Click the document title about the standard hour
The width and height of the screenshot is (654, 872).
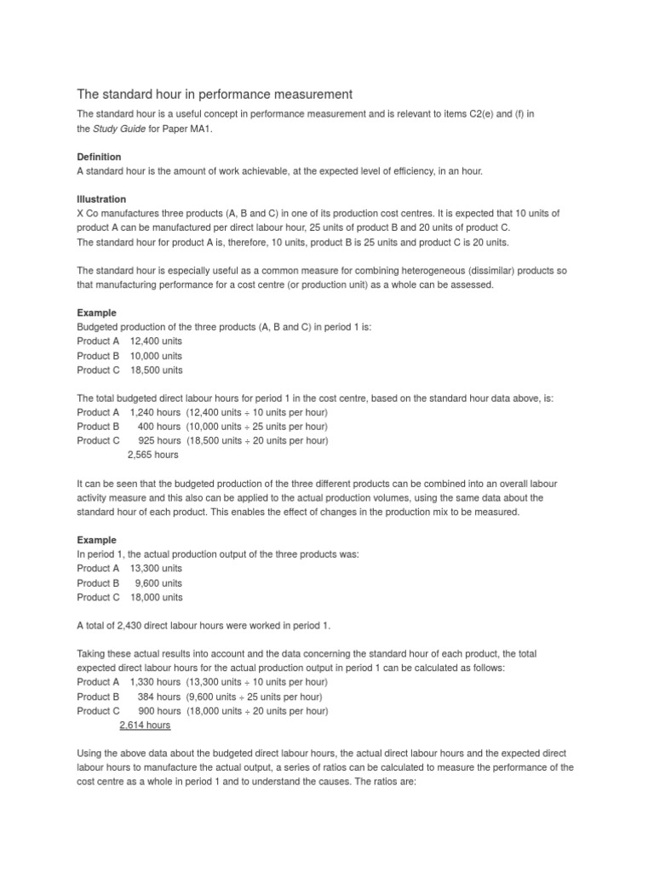[x=214, y=93]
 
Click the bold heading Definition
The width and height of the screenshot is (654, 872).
[x=99, y=157]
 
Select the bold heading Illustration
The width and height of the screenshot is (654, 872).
[x=101, y=199]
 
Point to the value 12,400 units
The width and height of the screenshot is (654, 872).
[x=156, y=341]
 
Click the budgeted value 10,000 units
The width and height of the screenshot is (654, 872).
[x=156, y=356]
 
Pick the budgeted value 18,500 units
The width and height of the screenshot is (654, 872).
[x=156, y=370]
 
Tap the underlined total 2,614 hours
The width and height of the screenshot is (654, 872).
[x=145, y=726]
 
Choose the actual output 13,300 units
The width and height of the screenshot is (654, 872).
[x=156, y=568]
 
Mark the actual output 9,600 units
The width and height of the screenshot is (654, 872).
[x=158, y=583]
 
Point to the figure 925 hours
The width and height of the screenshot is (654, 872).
[x=159, y=441]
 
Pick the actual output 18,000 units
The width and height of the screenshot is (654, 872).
[x=156, y=598]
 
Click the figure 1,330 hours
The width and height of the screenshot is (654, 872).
[x=155, y=682]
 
